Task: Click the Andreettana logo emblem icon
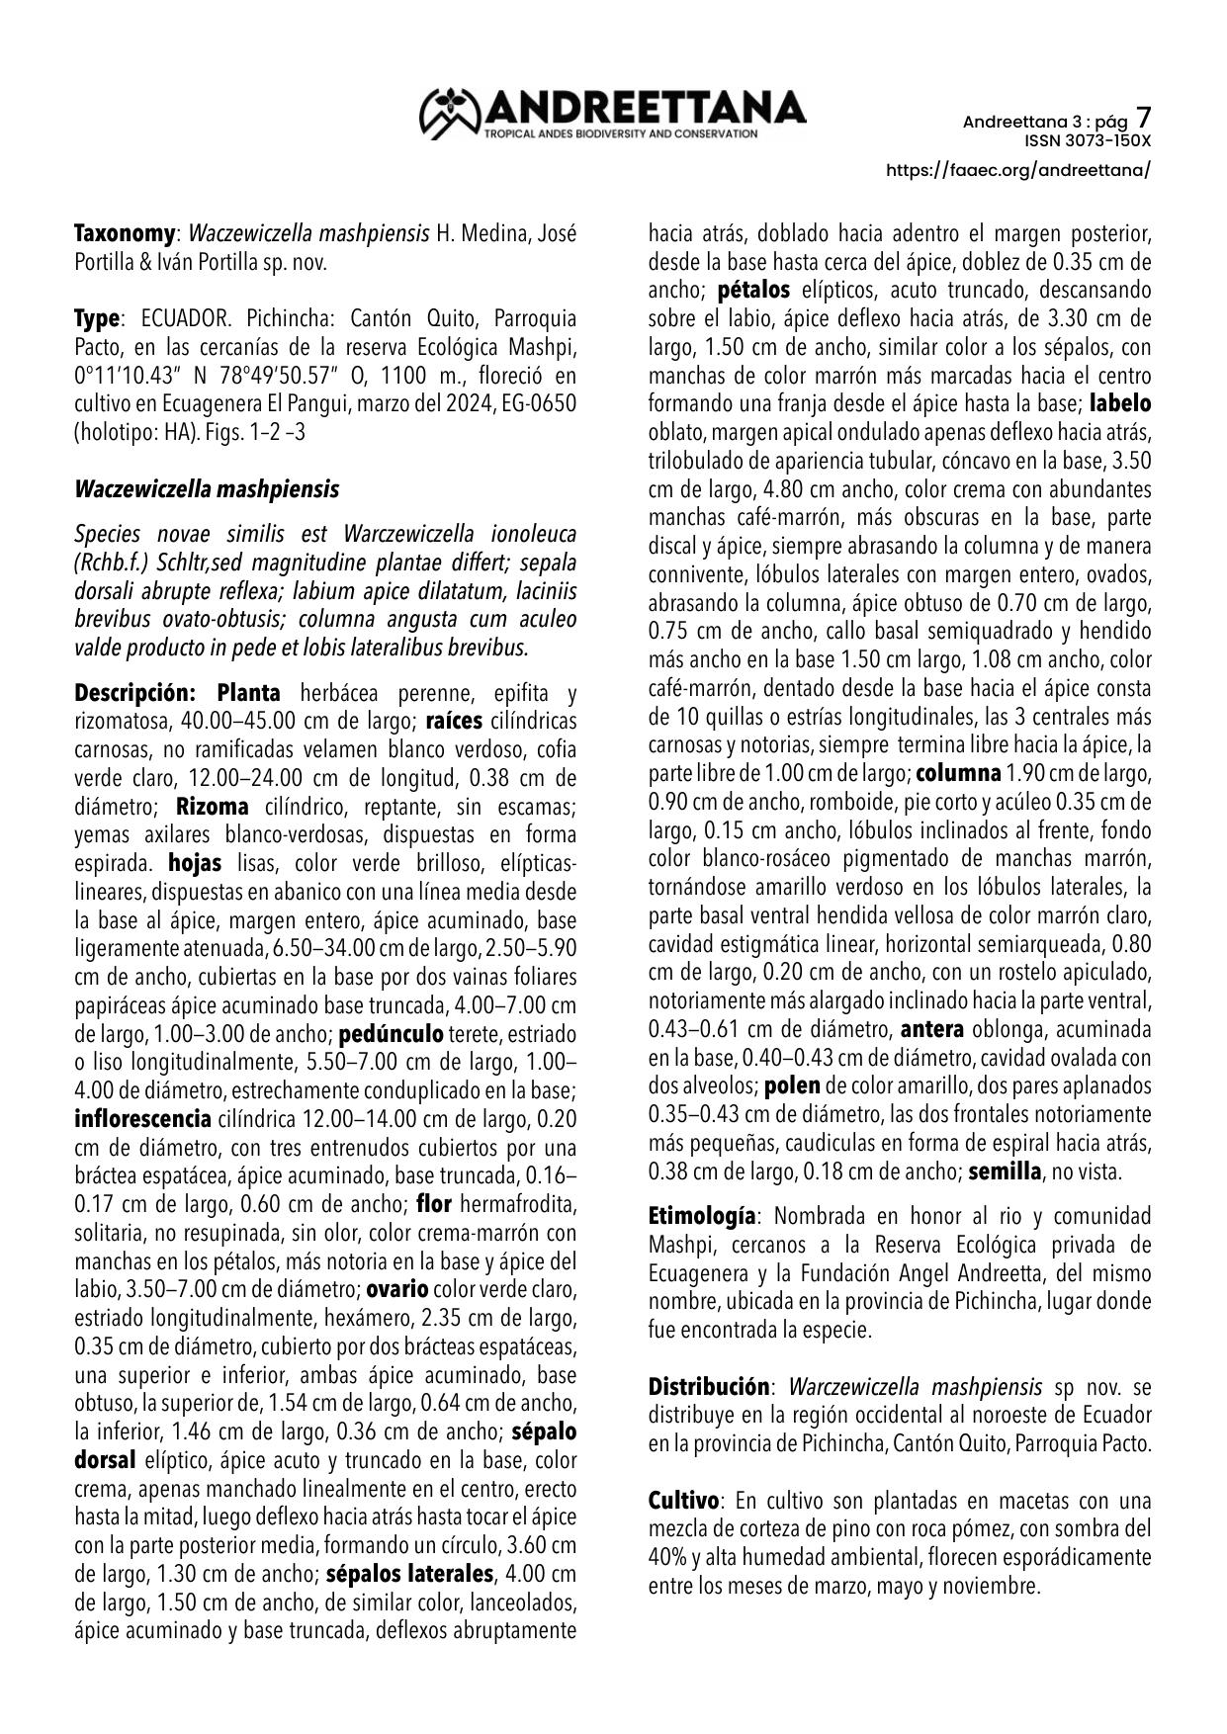point(450,112)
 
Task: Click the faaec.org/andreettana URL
point(1018,169)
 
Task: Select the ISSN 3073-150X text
point(1088,140)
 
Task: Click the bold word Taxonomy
point(124,234)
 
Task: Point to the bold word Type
point(97,319)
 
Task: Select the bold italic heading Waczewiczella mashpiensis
point(207,489)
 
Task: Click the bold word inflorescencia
point(142,1120)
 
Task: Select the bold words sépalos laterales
point(408,1573)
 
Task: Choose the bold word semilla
point(1005,1172)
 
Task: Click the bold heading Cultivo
point(683,1500)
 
